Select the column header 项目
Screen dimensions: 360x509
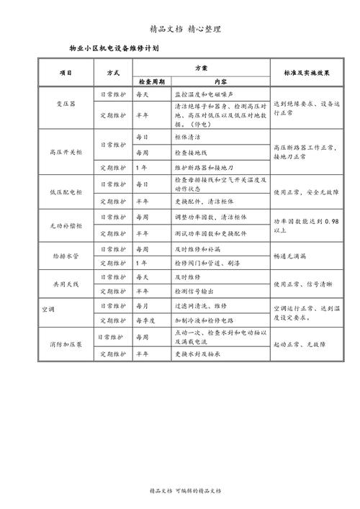coord(66,73)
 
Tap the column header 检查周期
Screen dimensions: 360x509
coord(150,81)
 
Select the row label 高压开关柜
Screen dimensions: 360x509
coord(66,151)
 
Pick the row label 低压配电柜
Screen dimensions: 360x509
coord(66,192)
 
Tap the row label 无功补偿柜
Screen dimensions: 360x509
coord(66,225)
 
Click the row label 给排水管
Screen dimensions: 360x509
coord(66,256)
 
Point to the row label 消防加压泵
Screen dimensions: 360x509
coord(66,344)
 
